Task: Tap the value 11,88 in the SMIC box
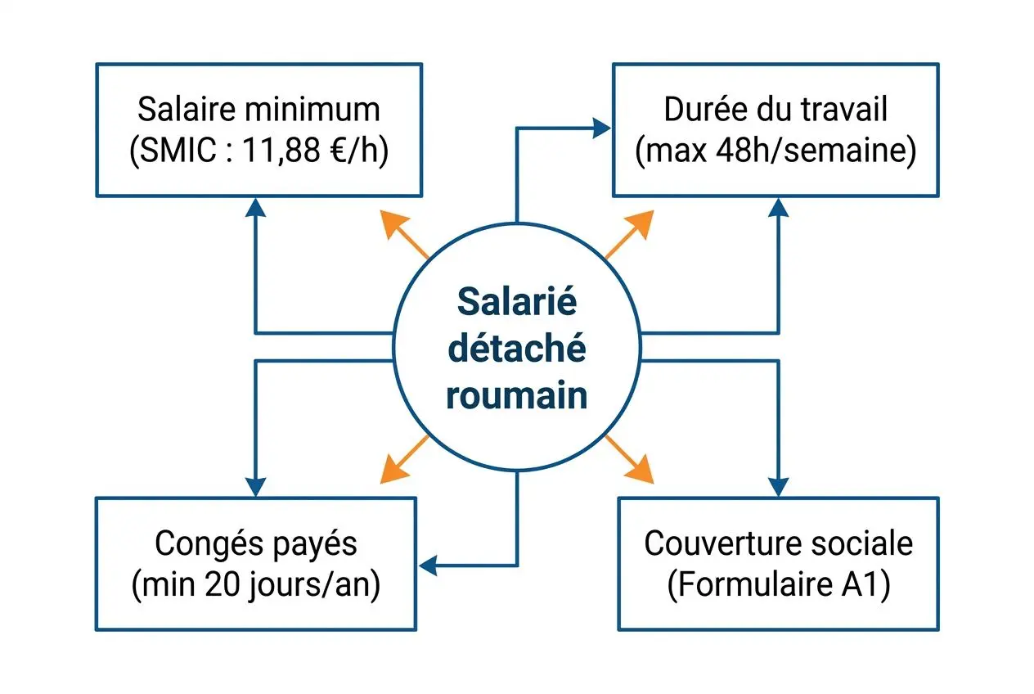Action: [281, 150]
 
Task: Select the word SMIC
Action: [178, 150]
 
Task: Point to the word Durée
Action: [705, 110]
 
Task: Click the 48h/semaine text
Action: [816, 150]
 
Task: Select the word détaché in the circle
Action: [517, 349]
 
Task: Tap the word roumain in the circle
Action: [517, 396]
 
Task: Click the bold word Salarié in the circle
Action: [517, 301]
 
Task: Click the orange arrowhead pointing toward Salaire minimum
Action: [393, 224]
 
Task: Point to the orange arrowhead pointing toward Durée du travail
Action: [641, 224]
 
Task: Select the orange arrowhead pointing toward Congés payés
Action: [393, 470]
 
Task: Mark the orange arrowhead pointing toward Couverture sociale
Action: [641, 470]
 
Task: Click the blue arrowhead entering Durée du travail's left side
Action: [601, 128]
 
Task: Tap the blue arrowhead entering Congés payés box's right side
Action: [428, 566]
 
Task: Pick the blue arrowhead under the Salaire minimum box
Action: [256, 207]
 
